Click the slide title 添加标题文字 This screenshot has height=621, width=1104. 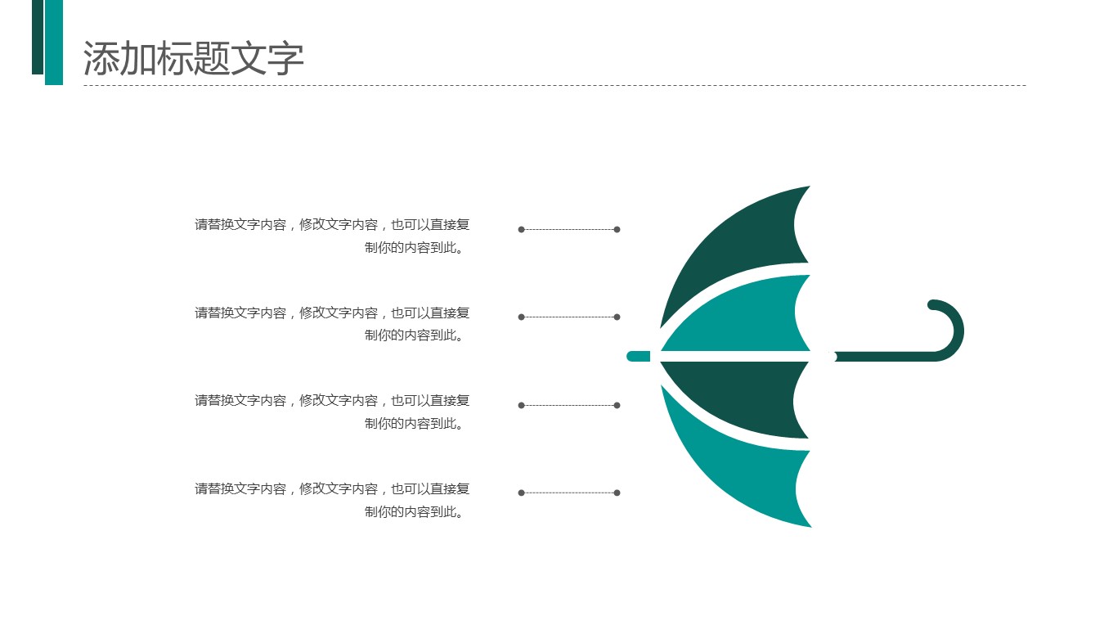pyautogui.click(x=193, y=58)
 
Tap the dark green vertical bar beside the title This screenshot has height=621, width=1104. pyautogui.click(x=38, y=37)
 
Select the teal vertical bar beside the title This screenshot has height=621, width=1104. pyautogui.click(x=54, y=43)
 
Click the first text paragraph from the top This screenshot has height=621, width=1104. pyautogui.click(x=332, y=236)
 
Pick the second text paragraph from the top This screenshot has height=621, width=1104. pyautogui.click(x=332, y=323)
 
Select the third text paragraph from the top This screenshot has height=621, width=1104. pyautogui.click(x=332, y=412)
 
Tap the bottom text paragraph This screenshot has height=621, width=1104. pyautogui.click(x=332, y=500)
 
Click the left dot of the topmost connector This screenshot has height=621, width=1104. pyautogui.click(x=522, y=229)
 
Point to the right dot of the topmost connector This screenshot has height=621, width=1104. pyautogui.click(x=617, y=229)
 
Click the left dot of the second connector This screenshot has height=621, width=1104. pyautogui.click(x=522, y=317)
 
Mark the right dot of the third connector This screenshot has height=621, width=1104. pyautogui.click(x=617, y=406)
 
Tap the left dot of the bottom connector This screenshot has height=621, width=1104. pyautogui.click(x=522, y=493)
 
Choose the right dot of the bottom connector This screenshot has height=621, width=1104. pyautogui.click(x=617, y=493)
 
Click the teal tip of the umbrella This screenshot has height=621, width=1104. pyautogui.click(x=638, y=356)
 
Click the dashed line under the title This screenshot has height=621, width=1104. pyautogui.click(x=555, y=85)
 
